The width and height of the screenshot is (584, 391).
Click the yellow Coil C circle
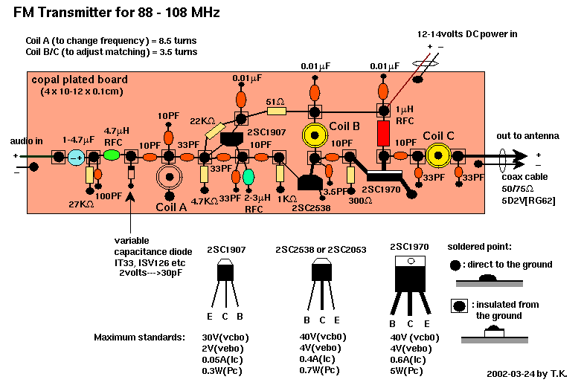click(x=439, y=156)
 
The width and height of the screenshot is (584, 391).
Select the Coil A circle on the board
click(x=170, y=178)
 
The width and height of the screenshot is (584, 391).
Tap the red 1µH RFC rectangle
click(x=383, y=134)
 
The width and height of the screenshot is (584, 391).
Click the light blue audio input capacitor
click(x=76, y=157)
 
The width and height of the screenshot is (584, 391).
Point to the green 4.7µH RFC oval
click(x=112, y=156)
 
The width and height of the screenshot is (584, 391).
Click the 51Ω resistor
click(x=276, y=112)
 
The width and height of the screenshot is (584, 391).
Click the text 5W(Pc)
click(x=409, y=369)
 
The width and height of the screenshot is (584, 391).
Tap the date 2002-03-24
click(x=503, y=375)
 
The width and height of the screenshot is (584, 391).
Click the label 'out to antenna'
click(x=527, y=135)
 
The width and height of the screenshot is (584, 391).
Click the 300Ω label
click(x=360, y=200)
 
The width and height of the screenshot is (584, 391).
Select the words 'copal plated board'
click(x=80, y=80)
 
